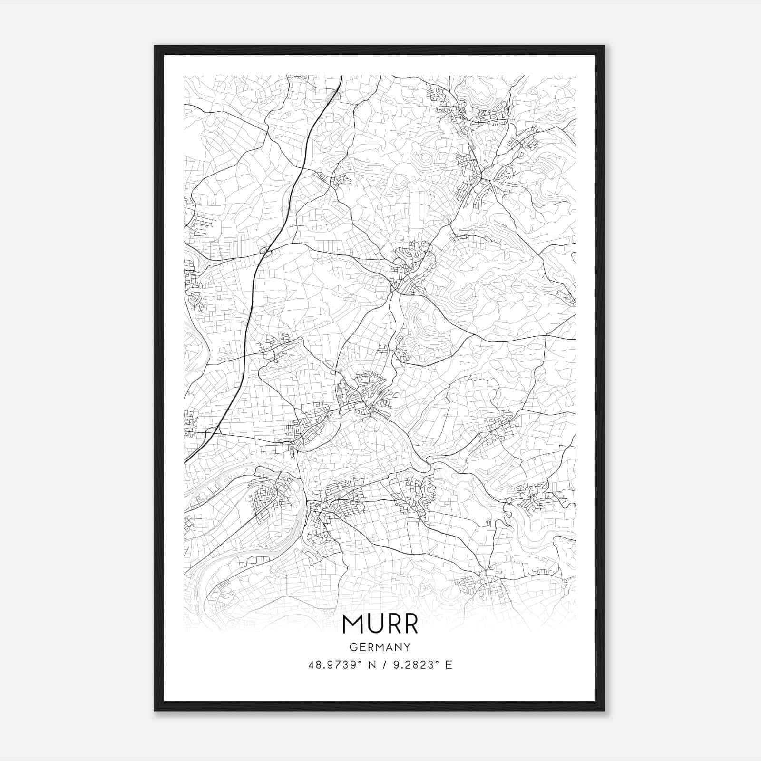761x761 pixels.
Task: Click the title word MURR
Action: click(x=380, y=624)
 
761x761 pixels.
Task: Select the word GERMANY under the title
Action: click(x=380, y=647)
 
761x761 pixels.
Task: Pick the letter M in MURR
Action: click(x=351, y=624)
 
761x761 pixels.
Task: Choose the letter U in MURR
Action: click(x=375, y=624)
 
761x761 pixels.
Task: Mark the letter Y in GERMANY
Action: click(x=407, y=647)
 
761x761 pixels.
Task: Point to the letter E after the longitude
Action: click(x=449, y=664)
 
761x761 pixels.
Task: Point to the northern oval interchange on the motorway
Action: click(x=265, y=250)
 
